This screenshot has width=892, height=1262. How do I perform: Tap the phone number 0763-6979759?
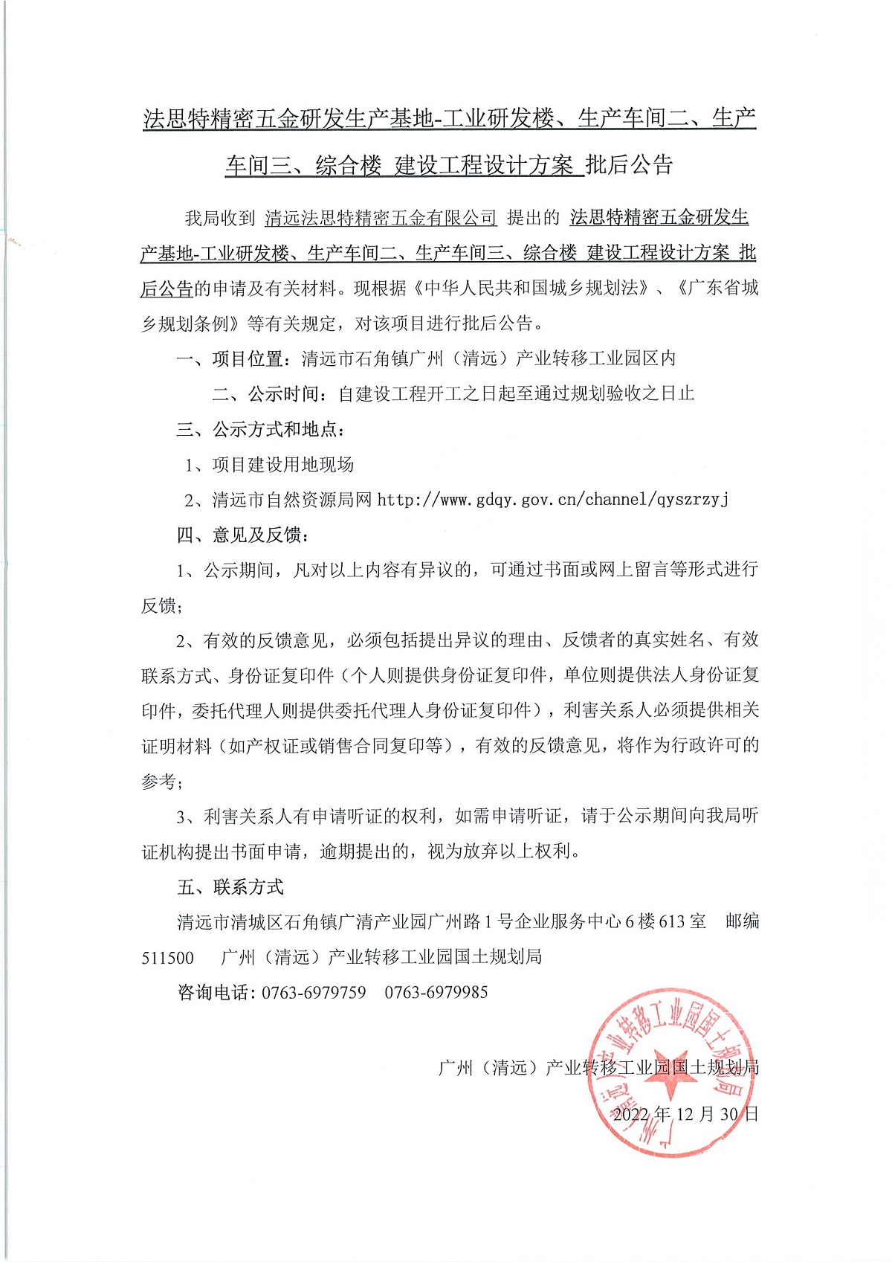314,993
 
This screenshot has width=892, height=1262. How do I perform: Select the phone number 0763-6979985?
436,993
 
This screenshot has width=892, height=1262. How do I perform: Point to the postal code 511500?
168,958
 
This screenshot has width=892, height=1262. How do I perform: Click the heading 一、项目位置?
230,359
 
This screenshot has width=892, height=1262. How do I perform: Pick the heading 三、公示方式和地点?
261,429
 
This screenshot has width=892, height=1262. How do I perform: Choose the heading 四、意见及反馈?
242,535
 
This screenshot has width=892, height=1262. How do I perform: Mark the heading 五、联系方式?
230,887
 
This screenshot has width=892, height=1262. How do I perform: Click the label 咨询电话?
215,993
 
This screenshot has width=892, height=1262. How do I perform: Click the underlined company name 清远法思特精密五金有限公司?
381,219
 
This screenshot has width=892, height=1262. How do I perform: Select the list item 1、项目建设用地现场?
270,465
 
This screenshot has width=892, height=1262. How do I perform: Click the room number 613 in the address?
671,922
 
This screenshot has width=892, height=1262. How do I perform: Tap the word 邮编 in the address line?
742,922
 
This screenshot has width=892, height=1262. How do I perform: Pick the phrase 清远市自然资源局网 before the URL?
292,500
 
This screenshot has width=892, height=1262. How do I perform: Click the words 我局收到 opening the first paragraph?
220,219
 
